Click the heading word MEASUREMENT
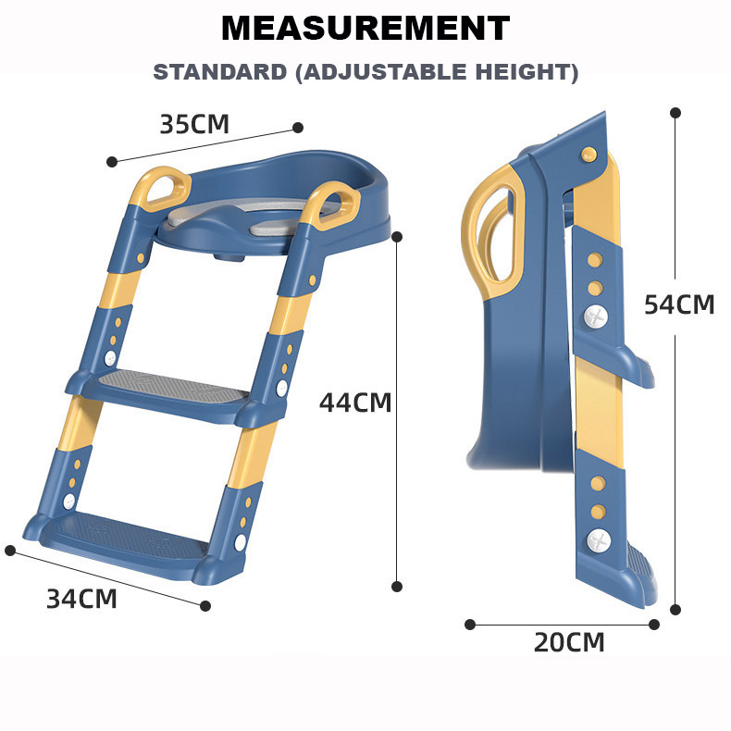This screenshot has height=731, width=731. (365, 28)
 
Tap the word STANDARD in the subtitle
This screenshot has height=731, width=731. (219, 72)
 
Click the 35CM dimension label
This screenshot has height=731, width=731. (194, 124)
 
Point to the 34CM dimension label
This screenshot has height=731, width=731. (81, 599)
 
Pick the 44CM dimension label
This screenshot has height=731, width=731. (355, 403)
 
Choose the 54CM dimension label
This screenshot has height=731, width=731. (679, 305)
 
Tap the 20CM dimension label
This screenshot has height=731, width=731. (569, 642)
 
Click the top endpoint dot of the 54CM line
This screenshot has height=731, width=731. (675, 113)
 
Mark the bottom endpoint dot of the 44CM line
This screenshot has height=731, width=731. (397, 587)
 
